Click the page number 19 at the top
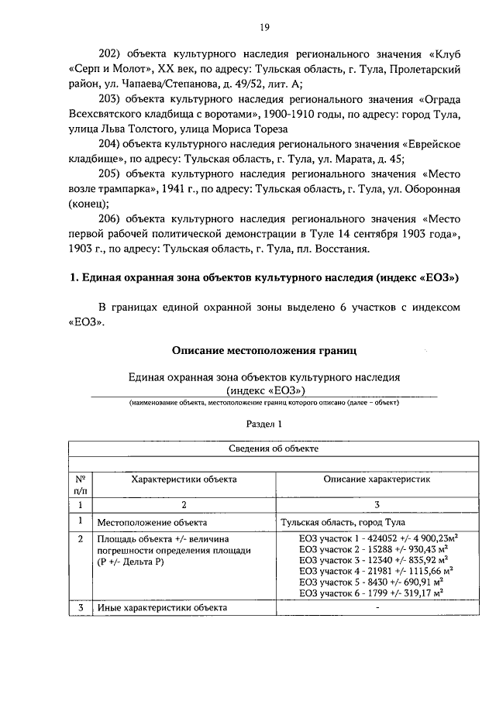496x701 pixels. tap(263, 28)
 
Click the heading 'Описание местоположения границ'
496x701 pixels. tap(263, 351)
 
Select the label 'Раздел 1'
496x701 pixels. tap(263, 424)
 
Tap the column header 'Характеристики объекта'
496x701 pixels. tap(184, 479)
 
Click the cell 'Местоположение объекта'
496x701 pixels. tap(151, 523)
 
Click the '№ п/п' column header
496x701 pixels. tap(81, 485)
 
